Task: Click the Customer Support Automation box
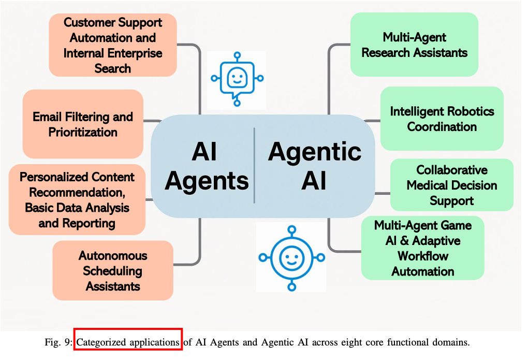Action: (113, 45)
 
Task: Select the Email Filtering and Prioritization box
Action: (83, 124)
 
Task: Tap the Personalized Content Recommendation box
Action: (77, 199)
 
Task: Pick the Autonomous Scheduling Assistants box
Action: (113, 270)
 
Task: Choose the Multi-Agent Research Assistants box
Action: (414, 45)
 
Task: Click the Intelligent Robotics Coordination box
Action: (442, 119)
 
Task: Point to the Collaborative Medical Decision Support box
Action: (451, 185)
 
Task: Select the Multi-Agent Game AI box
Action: (422, 248)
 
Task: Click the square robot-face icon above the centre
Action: (237, 79)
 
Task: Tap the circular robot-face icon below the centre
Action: (291, 257)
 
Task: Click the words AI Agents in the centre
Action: (206, 167)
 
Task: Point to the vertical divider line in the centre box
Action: (254, 166)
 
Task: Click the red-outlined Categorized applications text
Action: (128, 342)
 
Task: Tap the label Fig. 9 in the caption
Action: (62, 342)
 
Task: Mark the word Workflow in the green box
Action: (423, 256)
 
